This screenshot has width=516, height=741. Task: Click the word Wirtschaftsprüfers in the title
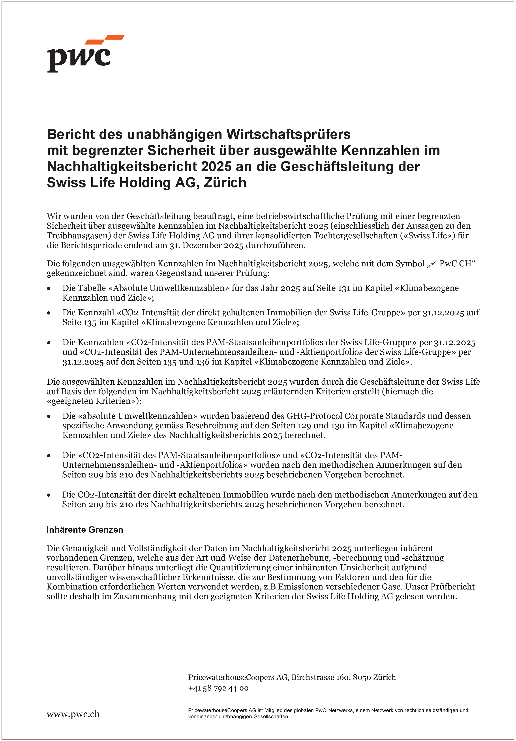coord(288,134)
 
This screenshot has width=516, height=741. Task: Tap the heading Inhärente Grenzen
coord(84,530)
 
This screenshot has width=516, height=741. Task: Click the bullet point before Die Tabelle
coord(49,288)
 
